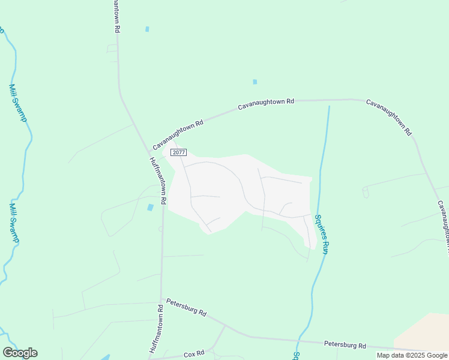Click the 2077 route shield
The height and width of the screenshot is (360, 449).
178,153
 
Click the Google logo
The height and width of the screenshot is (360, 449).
20,353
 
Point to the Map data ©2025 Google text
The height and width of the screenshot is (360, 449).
412,355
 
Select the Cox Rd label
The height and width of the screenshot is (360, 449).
194,353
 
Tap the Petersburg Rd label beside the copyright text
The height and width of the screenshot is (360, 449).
345,345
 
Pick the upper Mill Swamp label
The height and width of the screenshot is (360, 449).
17,103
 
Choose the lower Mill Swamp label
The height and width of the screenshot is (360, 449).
14,223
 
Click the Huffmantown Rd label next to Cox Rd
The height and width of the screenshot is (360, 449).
156,329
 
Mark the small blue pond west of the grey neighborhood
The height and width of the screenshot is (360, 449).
150,208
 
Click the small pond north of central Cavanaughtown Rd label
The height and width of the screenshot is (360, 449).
255,82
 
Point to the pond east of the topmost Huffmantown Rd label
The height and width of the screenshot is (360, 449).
147,29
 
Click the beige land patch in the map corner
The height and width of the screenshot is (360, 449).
426,330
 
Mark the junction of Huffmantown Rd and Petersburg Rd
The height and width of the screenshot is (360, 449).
161,299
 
